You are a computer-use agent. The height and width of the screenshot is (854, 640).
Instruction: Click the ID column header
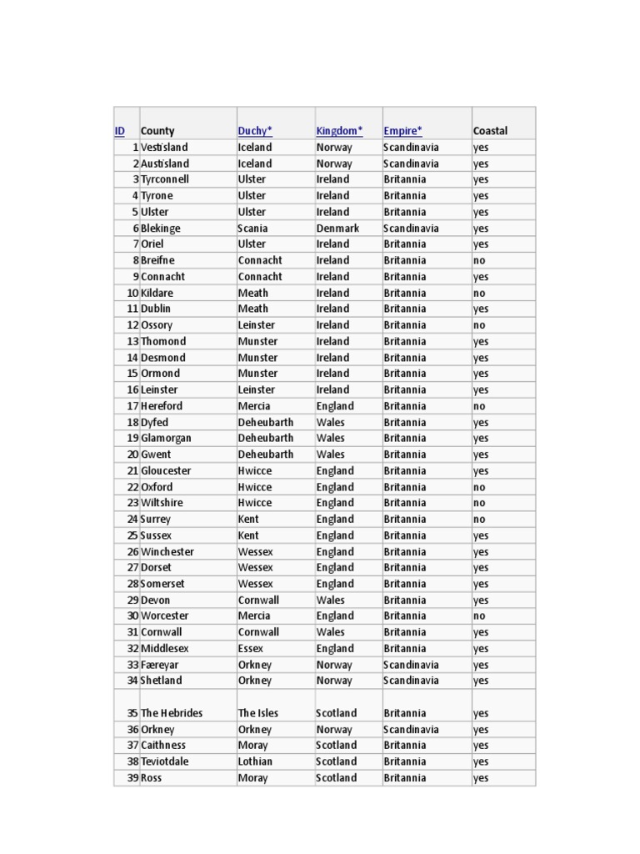(120, 131)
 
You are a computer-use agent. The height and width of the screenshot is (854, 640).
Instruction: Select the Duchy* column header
(255, 131)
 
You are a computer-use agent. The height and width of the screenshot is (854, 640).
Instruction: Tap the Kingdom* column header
(339, 131)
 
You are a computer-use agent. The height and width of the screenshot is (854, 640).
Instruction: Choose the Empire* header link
(402, 131)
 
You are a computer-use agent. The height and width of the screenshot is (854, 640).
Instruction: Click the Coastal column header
(490, 131)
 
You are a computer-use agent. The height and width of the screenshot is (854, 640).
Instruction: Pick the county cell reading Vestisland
(164, 148)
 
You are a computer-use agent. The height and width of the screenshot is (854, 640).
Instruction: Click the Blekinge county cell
(160, 229)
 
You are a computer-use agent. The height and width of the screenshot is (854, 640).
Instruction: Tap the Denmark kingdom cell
(337, 229)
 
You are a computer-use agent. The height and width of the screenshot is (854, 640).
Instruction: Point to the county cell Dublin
(156, 309)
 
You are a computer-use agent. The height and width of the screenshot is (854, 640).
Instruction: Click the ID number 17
(132, 406)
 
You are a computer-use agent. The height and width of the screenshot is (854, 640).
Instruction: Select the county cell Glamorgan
(166, 439)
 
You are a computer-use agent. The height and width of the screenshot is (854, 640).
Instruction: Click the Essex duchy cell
(250, 649)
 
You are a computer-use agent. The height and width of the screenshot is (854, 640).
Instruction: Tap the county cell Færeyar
(159, 666)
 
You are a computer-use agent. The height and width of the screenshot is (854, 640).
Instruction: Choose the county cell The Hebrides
(172, 714)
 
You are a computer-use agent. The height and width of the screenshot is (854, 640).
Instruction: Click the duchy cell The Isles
(258, 714)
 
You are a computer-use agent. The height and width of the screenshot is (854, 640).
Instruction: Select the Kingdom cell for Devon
(330, 600)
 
